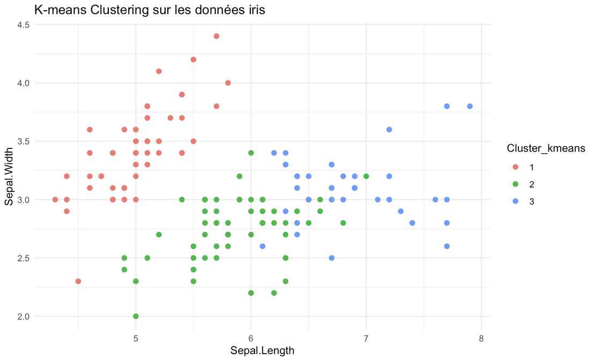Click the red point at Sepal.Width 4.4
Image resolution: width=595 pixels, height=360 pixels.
pyautogui.click(x=217, y=36)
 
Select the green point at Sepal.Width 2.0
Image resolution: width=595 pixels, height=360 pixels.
pyautogui.click(x=136, y=316)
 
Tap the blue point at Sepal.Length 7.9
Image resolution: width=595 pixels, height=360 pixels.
pyautogui.click(x=470, y=106)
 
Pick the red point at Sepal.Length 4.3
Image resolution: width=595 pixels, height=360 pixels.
pyautogui.click(x=55, y=199)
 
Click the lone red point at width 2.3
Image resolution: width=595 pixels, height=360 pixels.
pyautogui.click(x=78, y=281)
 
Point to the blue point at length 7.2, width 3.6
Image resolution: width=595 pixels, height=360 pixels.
pyautogui.click(x=389, y=129)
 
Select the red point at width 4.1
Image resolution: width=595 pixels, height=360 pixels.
pyautogui.click(x=159, y=71)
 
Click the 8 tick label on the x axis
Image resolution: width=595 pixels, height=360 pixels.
pyautogui.click(x=481, y=339)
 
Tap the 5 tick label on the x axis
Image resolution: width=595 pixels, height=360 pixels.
pyautogui.click(x=136, y=339)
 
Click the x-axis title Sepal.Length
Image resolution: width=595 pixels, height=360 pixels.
pyautogui.click(x=262, y=351)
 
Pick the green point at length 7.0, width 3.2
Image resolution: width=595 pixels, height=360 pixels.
pyautogui.click(x=366, y=176)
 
